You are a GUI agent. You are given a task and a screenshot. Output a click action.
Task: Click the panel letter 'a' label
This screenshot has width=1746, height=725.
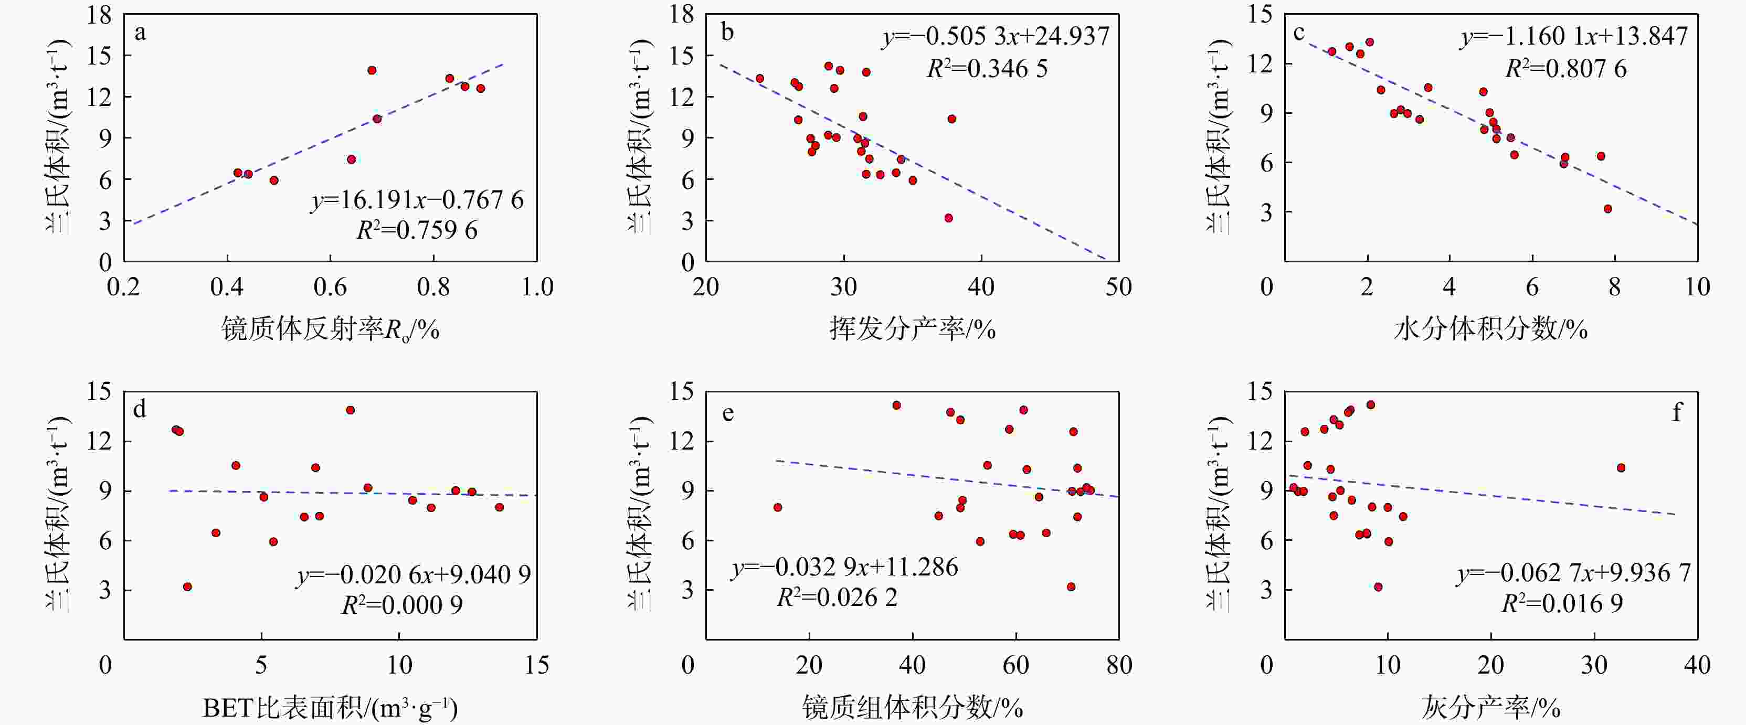pos(140,33)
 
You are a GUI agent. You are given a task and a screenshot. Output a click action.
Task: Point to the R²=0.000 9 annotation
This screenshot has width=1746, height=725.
pos(402,604)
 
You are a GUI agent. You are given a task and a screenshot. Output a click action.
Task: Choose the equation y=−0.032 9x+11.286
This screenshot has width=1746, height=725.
pos(844,567)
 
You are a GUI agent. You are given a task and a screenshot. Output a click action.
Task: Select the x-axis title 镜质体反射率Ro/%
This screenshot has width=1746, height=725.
pos(330,330)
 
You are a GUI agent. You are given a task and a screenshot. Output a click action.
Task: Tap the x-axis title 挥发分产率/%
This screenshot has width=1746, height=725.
pos(912,330)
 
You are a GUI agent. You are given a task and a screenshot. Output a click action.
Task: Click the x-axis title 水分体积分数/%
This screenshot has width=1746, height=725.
pos(1490,330)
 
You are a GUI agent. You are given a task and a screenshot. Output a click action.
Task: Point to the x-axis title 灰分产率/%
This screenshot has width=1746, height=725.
pos(1490,708)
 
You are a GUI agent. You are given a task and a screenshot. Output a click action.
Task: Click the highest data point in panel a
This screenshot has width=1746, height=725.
pos(372,70)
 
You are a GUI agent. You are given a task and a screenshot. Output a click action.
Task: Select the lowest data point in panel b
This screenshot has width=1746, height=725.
pos(948,218)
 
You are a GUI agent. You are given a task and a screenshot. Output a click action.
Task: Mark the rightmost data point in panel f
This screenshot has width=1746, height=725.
pos(1621,467)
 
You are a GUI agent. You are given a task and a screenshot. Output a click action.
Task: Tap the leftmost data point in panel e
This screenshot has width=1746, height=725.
pos(777,507)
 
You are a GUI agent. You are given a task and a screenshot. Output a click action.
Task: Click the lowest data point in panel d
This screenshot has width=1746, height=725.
pos(188,587)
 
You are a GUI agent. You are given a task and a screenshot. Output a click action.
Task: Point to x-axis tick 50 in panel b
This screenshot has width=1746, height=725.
pos(1118,287)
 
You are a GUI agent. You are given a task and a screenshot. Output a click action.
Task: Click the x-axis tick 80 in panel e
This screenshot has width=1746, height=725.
pos(1118,665)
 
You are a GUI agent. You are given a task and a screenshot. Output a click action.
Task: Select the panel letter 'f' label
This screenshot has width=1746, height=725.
pos(1676,412)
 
